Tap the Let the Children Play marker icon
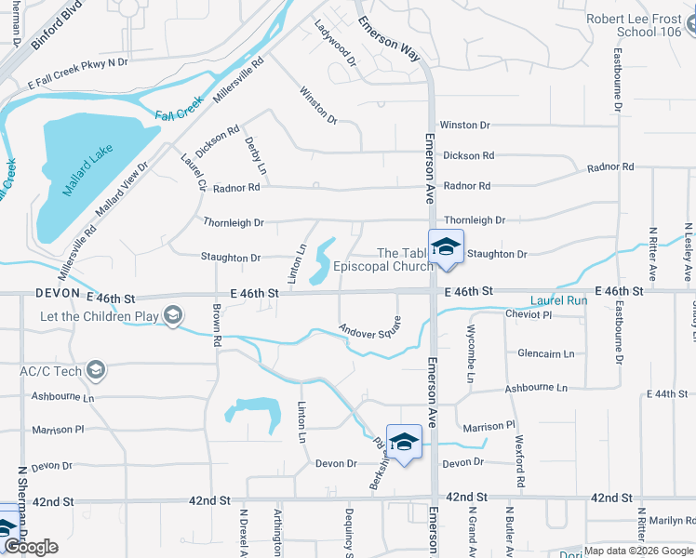pyautogui.click(x=172, y=317)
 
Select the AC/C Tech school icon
pyautogui.click(x=96, y=370)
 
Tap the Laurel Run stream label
pyautogui.click(x=559, y=301)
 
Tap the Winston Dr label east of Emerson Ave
pyautogui.click(x=464, y=125)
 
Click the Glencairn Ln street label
pyautogui.click(x=546, y=353)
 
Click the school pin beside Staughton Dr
pyautogui.click(x=446, y=247)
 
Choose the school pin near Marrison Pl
pyautogui.click(x=405, y=443)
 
